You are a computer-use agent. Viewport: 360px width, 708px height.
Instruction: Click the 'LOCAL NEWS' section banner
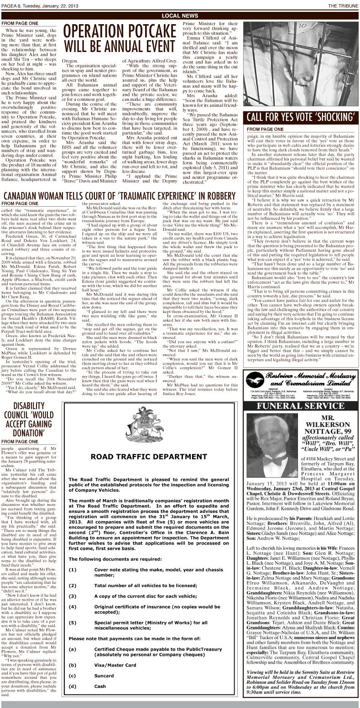(180, 16)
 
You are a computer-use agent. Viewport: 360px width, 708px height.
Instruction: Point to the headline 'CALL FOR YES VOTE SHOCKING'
(301, 117)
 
